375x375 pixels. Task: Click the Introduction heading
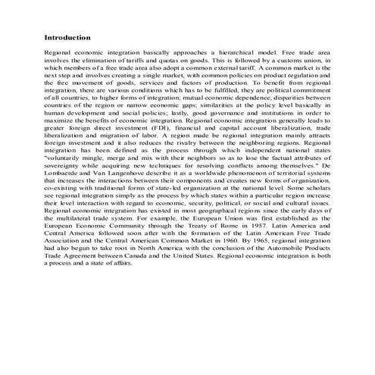(x=67, y=37)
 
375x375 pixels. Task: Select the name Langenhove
(x=121, y=193)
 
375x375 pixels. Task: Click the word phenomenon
(x=243, y=193)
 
